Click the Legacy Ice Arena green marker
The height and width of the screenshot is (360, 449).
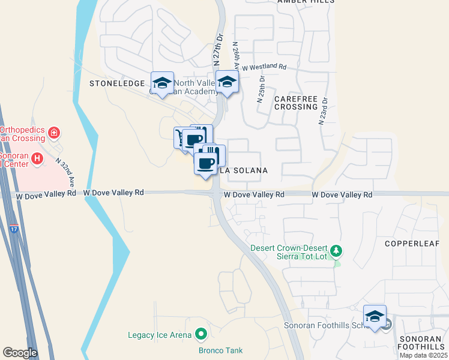200,335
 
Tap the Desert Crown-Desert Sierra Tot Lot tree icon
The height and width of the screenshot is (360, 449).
337,249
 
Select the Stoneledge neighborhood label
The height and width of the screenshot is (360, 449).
117,83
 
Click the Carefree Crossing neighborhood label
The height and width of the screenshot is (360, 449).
295,102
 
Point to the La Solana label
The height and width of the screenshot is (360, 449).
243,170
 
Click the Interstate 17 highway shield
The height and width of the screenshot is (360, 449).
14,229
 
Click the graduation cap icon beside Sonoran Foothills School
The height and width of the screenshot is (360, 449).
375,317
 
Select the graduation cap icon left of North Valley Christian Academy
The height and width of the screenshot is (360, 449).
161,83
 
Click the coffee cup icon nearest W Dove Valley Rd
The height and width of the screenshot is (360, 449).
205,163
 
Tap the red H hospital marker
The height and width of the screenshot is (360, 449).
37,158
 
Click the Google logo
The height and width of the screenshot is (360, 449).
20,353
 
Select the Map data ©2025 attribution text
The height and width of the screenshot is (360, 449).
424,355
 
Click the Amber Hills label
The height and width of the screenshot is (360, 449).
306,2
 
